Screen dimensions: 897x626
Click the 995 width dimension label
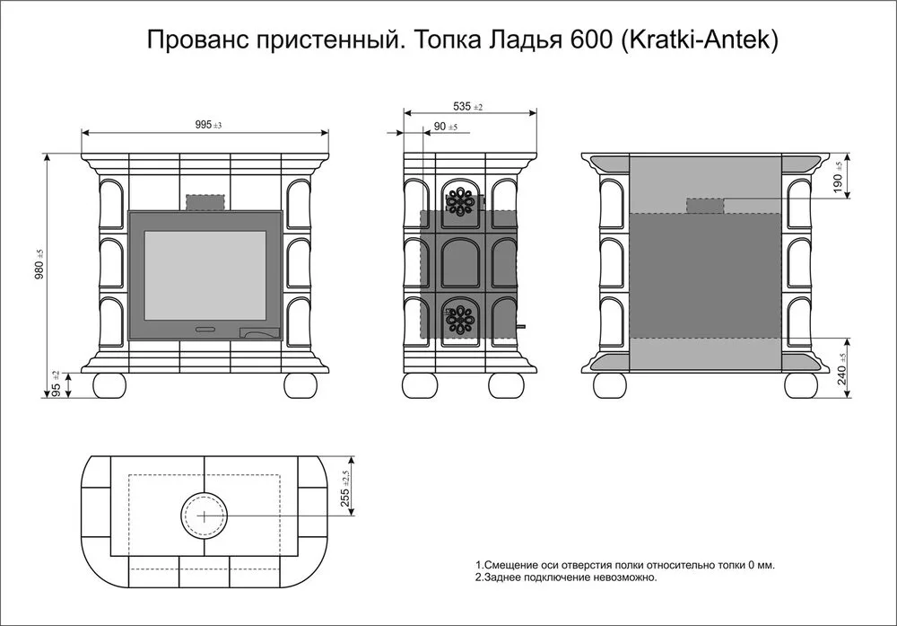point(208,125)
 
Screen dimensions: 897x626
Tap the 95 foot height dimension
point(56,385)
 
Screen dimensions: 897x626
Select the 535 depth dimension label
point(468,107)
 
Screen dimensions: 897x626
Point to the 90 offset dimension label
point(446,127)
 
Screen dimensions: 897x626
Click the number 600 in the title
point(591,40)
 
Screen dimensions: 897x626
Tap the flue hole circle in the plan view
point(205,516)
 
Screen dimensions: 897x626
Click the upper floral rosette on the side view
point(459,201)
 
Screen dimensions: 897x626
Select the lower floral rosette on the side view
point(459,319)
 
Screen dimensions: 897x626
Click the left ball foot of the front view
point(109,385)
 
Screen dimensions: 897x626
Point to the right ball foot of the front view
point(300,385)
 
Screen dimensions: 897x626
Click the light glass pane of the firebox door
point(205,276)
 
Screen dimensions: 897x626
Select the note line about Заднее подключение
point(566,578)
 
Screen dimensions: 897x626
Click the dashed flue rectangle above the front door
point(205,202)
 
